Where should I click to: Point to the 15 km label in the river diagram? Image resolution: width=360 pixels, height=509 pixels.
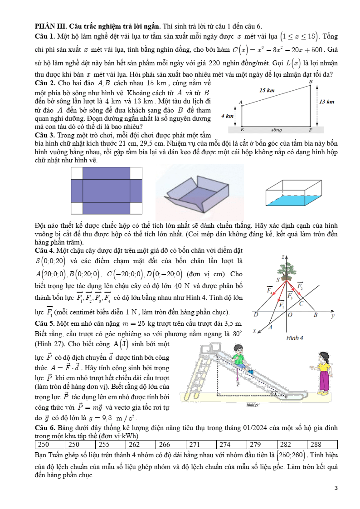(267, 90)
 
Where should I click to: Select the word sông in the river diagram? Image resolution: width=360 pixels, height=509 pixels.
(276, 130)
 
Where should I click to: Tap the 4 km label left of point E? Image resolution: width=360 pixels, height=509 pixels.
(227, 116)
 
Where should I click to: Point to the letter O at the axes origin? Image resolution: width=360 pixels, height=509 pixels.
(290, 314)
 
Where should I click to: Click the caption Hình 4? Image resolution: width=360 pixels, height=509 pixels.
(295, 338)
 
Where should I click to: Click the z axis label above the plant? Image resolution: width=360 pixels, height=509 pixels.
(282, 257)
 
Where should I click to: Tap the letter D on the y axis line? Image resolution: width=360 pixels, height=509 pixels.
(256, 314)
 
